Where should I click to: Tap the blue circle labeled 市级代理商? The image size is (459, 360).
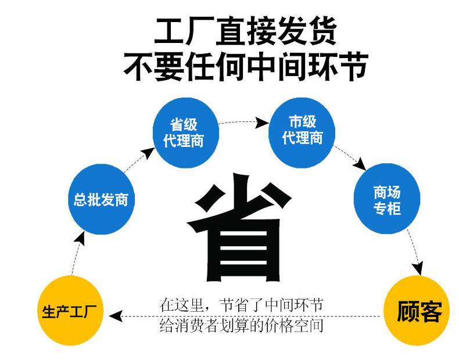coord(302,129)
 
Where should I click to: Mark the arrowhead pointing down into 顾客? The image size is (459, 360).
coord(418,268)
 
